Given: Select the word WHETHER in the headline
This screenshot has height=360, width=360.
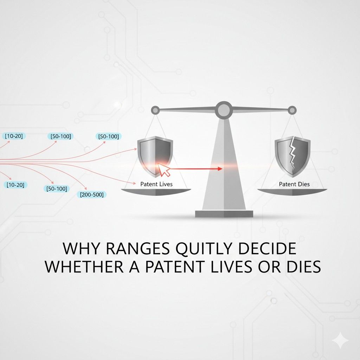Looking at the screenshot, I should click(x=81, y=267).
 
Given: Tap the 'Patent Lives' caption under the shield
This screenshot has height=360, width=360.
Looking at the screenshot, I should click(x=156, y=184).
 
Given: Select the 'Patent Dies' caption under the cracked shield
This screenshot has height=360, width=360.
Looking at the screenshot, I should click(x=294, y=184).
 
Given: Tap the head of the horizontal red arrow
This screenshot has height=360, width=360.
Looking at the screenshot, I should click(x=220, y=169).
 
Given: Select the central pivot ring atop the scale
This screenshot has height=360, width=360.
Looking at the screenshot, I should click(x=224, y=110).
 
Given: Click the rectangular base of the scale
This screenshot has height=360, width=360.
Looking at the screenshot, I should click(x=224, y=213).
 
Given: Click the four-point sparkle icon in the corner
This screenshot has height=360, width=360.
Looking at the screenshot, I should click(x=340, y=341).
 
